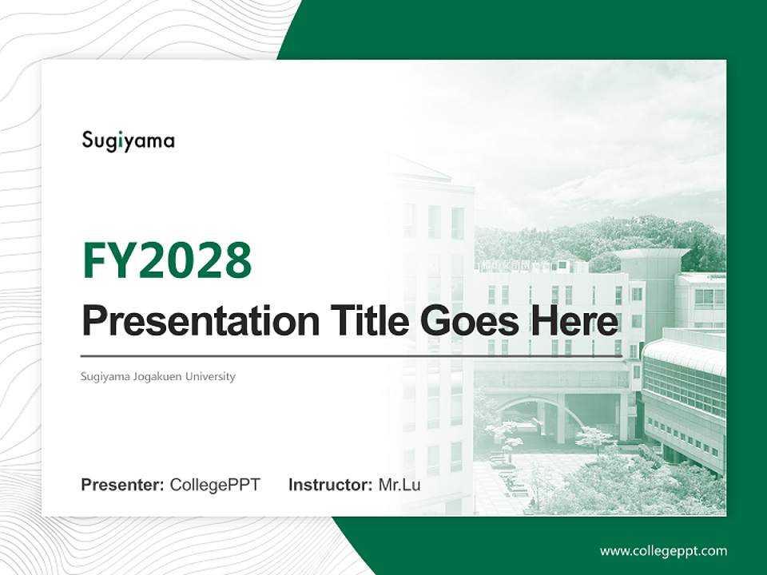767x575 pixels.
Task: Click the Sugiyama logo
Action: coord(128,141)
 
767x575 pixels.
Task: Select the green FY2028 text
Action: coord(167,260)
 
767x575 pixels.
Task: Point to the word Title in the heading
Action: coord(356,322)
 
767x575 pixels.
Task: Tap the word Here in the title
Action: coord(572,322)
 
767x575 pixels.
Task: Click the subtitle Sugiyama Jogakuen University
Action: coord(158,376)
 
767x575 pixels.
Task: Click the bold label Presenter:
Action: coord(123,485)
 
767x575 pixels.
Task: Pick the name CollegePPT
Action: coord(215,485)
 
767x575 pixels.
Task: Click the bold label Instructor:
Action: coord(330,485)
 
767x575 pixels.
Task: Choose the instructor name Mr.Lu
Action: coord(399,485)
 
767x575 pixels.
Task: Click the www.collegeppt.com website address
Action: coord(663,550)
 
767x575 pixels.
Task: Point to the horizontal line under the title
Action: coord(352,355)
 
